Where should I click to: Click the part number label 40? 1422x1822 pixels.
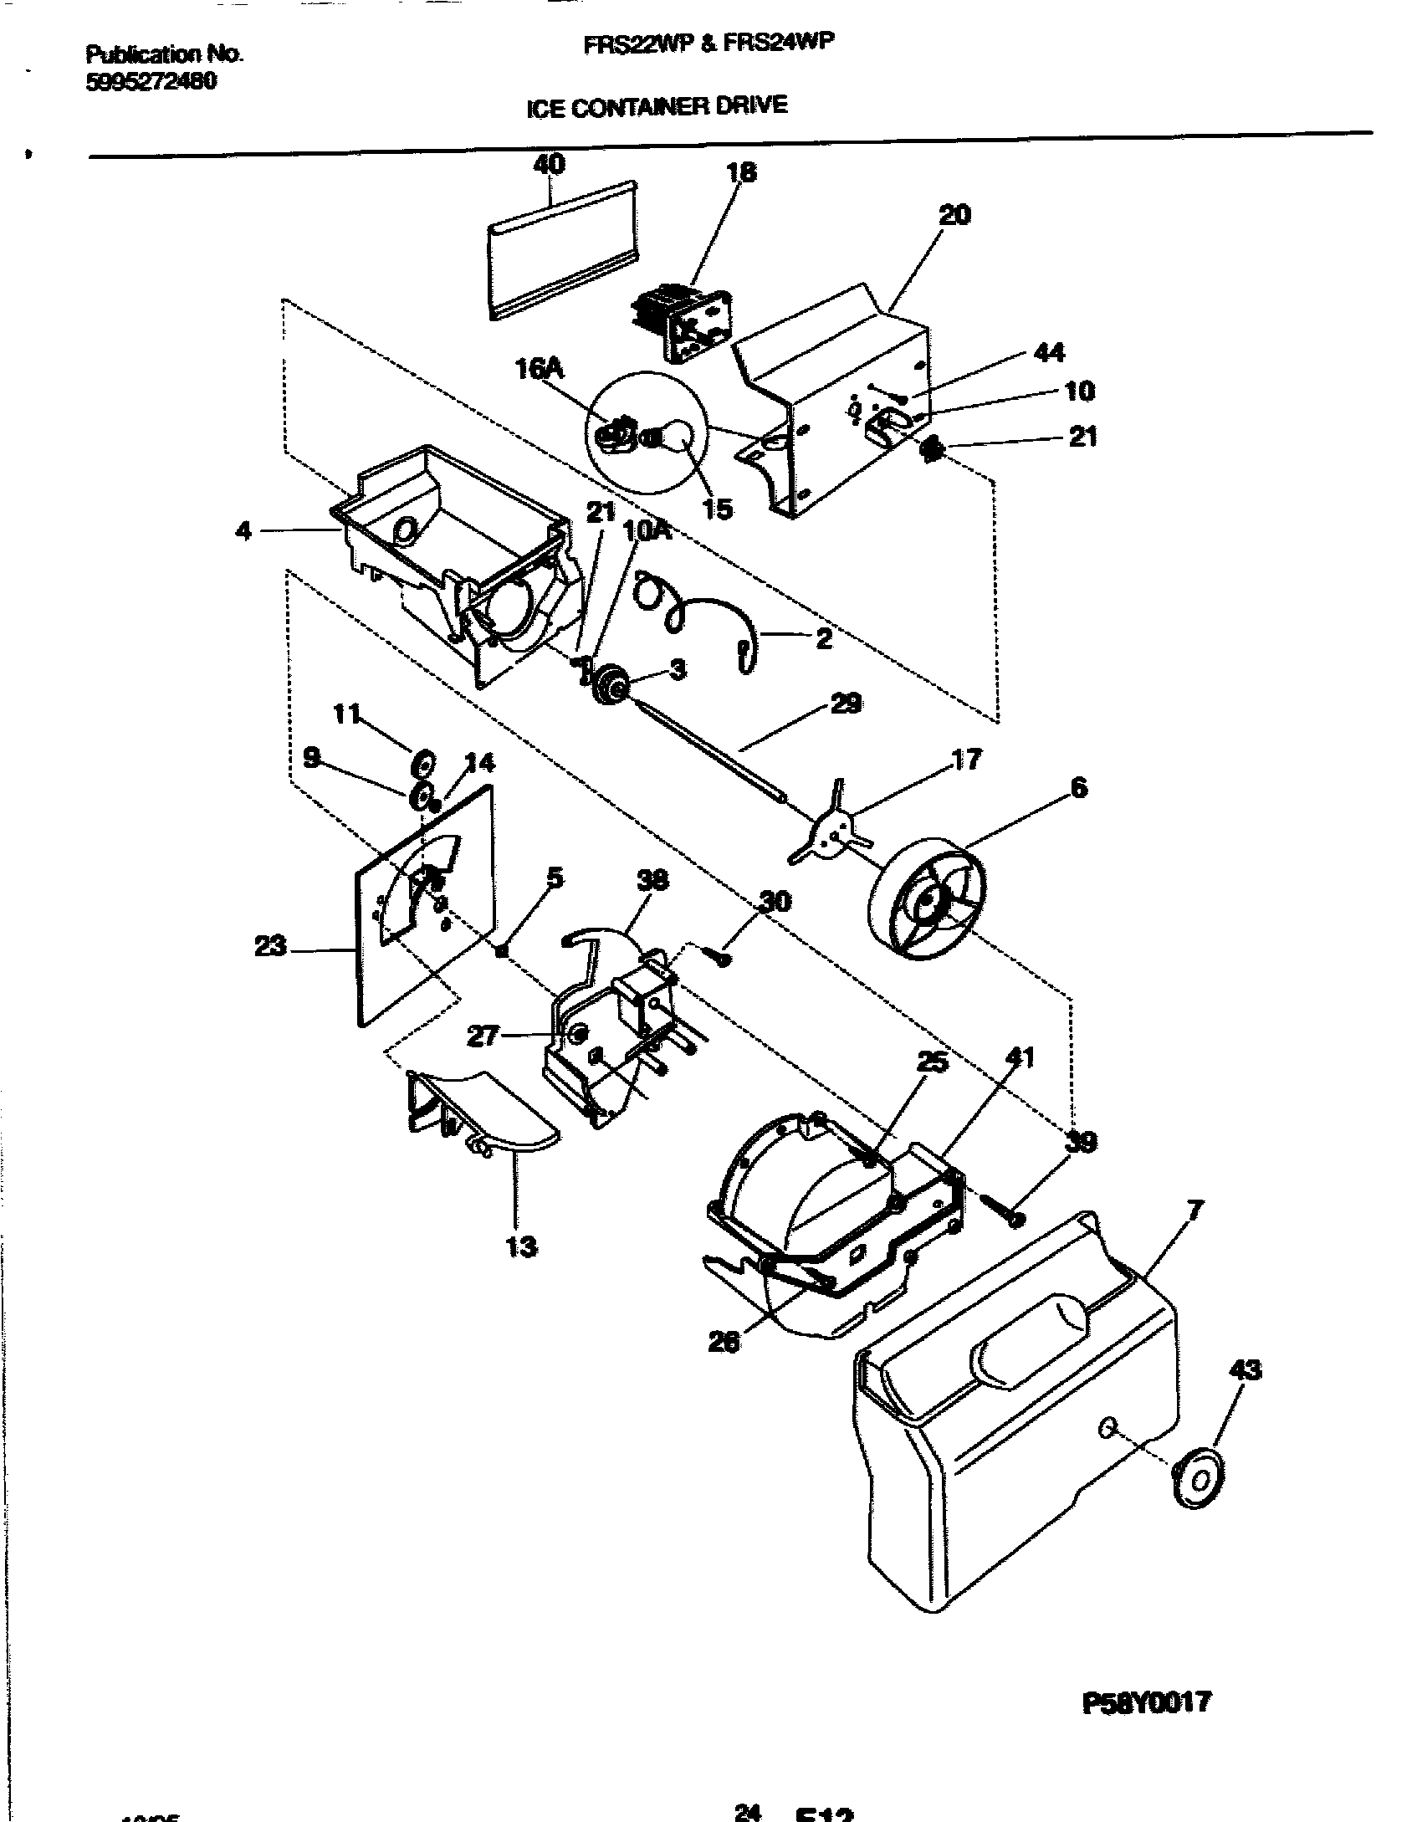click(x=549, y=164)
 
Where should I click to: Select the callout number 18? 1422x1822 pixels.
click(x=741, y=172)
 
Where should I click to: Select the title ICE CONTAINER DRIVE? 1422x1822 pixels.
click(x=657, y=106)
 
